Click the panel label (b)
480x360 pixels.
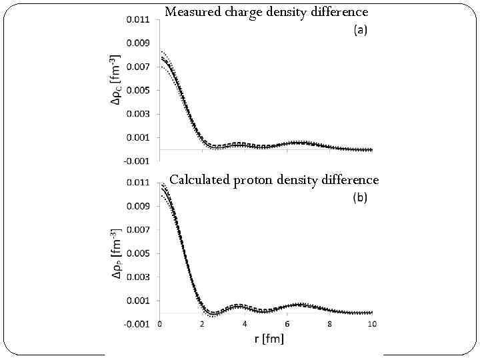tap(359, 197)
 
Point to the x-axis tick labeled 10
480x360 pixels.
tap(372, 324)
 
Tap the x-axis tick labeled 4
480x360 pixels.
tap(245, 324)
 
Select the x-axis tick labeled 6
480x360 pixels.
tap(287, 324)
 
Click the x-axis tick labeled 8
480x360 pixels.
tap(330, 324)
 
